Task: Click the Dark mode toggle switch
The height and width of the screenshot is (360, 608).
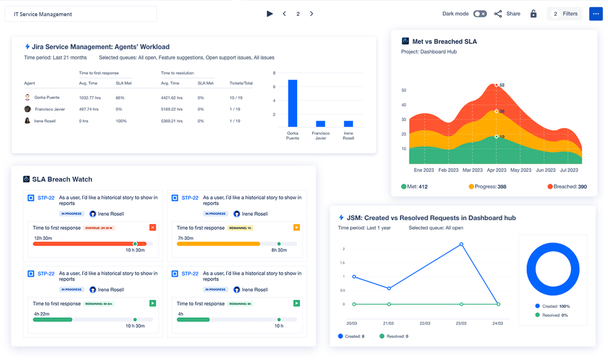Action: pyautogui.click(x=480, y=14)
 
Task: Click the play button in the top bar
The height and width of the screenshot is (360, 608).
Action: pyautogui.click(x=270, y=14)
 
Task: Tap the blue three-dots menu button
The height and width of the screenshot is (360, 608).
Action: pyautogui.click(x=595, y=14)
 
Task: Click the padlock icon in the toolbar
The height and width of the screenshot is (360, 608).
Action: pyautogui.click(x=533, y=14)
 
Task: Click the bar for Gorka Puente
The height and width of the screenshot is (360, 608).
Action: pyautogui.click(x=293, y=103)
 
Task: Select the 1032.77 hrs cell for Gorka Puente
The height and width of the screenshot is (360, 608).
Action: pyautogui.click(x=89, y=97)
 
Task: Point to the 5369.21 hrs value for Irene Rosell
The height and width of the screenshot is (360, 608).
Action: pyautogui.click(x=172, y=121)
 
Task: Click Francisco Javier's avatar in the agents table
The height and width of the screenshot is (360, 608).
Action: pyautogui.click(x=27, y=109)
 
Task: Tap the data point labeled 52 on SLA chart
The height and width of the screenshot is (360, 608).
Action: pyautogui.click(x=497, y=85)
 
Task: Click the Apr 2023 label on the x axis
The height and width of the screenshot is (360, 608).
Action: pyautogui.click(x=496, y=171)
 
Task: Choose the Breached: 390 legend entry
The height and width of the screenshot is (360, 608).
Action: pyautogui.click(x=567, y=187)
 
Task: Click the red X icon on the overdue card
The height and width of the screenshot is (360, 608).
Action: pyautogui.click(x=153, y=227)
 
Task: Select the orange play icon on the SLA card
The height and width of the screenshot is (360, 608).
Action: pyautogui.click(x=296, y=227)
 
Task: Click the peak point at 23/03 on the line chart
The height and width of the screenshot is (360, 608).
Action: pyautogui.click(x=461, y=244)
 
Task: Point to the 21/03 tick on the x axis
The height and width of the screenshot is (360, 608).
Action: pyautogui.click(x=388, y=324)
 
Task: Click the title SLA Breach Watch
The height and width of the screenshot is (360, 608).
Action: pyautogui.click(x=62, y=179)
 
